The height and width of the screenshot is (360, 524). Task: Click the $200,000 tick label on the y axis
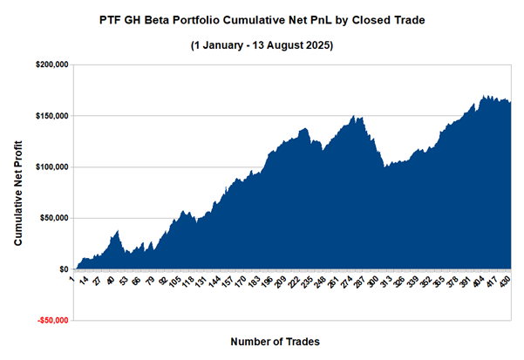tap(51, 65)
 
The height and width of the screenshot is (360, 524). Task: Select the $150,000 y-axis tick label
tap(51, 116)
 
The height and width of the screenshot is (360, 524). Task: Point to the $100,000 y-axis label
tap(51, 167)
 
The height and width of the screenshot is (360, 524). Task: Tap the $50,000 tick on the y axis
tap(53, 219)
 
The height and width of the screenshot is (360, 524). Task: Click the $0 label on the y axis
tap(62, 269)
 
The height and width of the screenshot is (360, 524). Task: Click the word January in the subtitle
tap(226, 44)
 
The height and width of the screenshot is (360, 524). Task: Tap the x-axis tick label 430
tap(505, 283)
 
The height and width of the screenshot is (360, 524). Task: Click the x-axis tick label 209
tap(280, 283)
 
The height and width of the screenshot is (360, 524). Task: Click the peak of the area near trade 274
tap(354, 116)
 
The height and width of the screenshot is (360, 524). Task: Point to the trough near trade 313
tap(385, 166)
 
